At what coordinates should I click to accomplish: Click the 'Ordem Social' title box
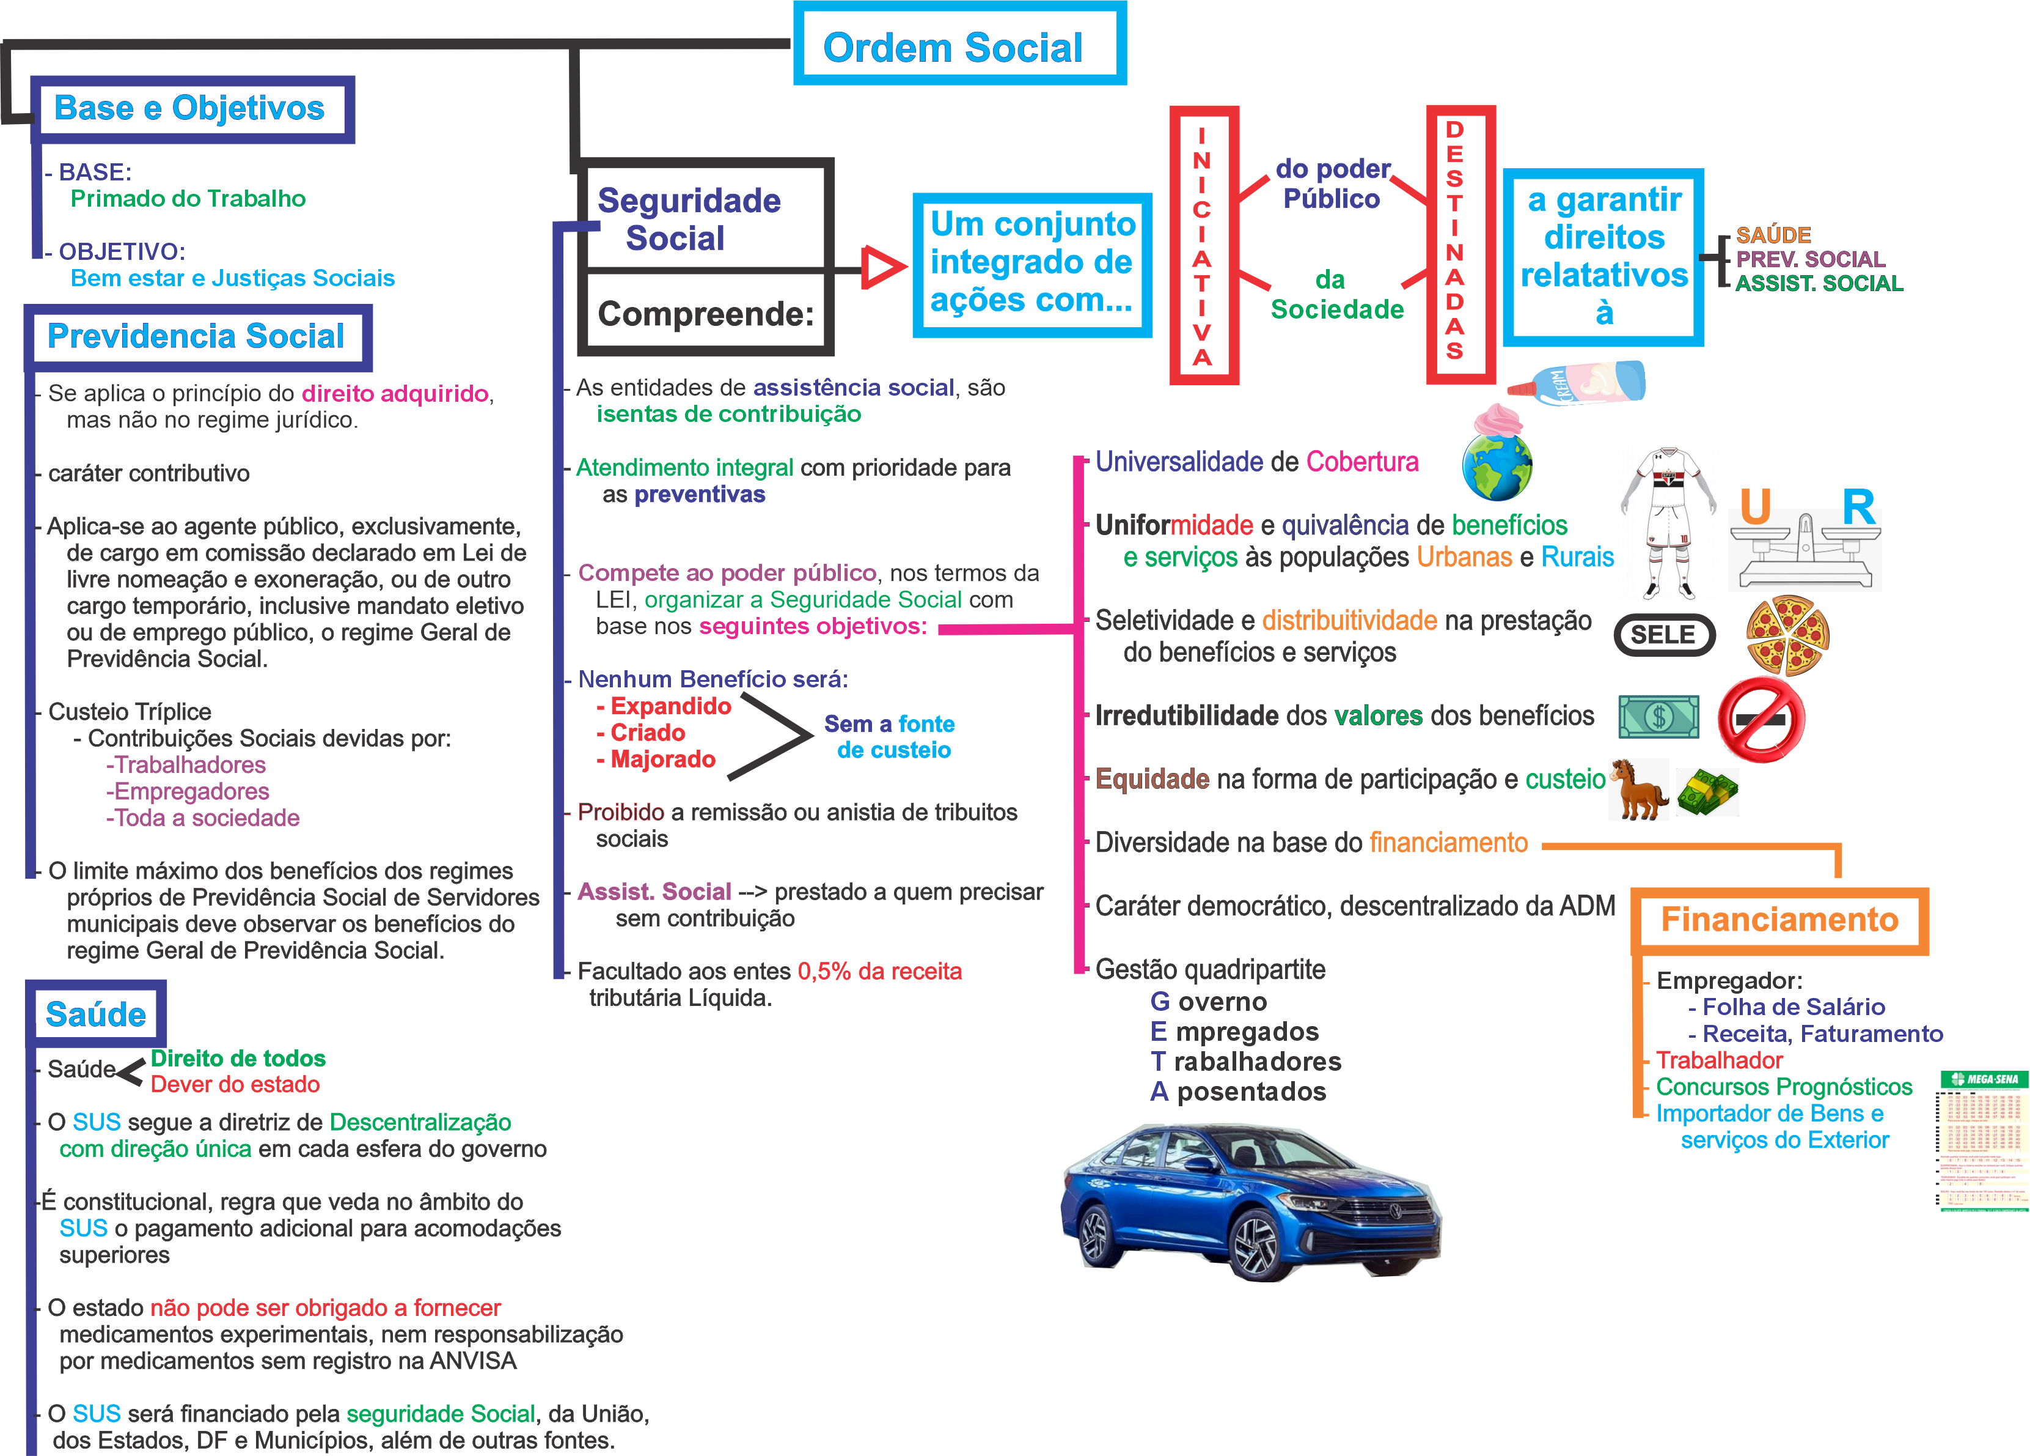pos(959,45)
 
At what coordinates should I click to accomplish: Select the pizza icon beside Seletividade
pos(1787,635)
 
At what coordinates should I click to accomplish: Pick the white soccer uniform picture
pos(1668,522)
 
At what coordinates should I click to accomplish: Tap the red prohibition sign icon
pos(1761,719)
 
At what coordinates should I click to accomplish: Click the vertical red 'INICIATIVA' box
pos(1203,245)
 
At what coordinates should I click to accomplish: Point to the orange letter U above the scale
pos(1755,507)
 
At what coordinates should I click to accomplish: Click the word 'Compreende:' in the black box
pos(705,314)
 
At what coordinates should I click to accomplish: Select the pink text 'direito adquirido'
pos(395,393)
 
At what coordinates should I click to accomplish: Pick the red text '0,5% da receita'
pos(879,972)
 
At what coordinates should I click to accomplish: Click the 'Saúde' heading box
pos(96,1014)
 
